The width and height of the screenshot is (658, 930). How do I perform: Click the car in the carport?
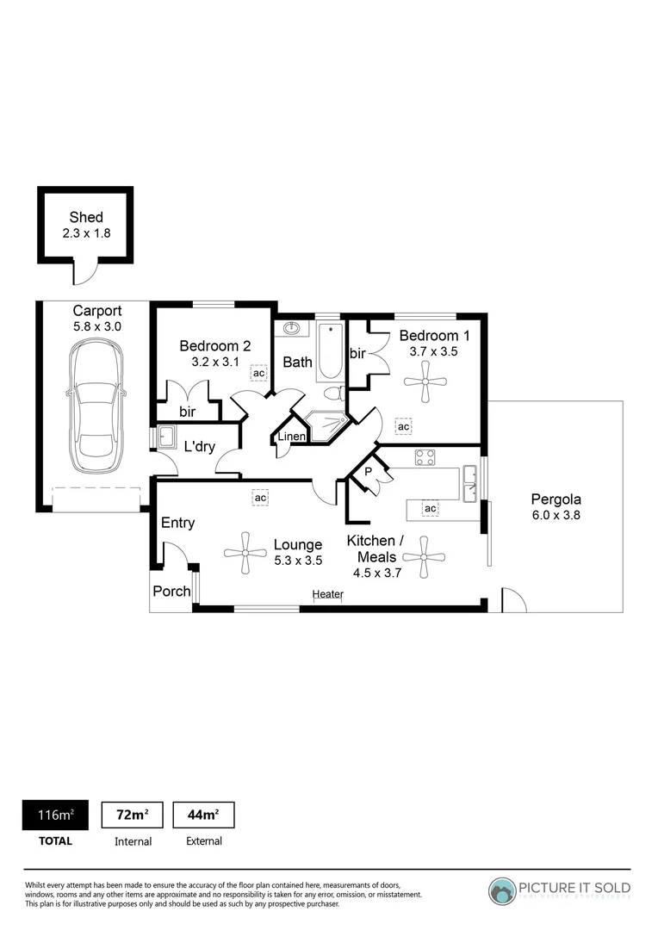coord(95,405)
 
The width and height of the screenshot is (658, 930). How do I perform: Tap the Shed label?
coord(86,218)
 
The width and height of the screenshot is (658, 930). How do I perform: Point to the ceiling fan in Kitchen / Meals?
coord(424,557)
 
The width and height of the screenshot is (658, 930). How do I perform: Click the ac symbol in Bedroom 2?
coord(258,373)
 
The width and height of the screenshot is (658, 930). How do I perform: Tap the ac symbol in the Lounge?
coord(259,497)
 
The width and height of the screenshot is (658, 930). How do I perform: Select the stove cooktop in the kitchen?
coord(425,458)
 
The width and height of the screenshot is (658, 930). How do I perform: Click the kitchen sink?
coord(469,482)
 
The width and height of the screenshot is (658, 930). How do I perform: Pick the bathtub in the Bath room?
coord(330,351)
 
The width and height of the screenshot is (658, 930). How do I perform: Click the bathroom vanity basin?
coord(291,329)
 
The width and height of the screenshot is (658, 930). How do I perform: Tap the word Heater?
coord(328,594)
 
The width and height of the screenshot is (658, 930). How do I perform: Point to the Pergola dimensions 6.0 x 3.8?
coord(556,516)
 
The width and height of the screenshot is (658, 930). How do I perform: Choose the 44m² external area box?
coord(203,815)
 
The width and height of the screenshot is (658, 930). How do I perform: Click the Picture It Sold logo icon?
coord(502,890)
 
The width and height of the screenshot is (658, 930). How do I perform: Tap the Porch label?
coord(171,592)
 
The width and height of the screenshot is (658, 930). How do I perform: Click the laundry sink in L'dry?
coord(165,437)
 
